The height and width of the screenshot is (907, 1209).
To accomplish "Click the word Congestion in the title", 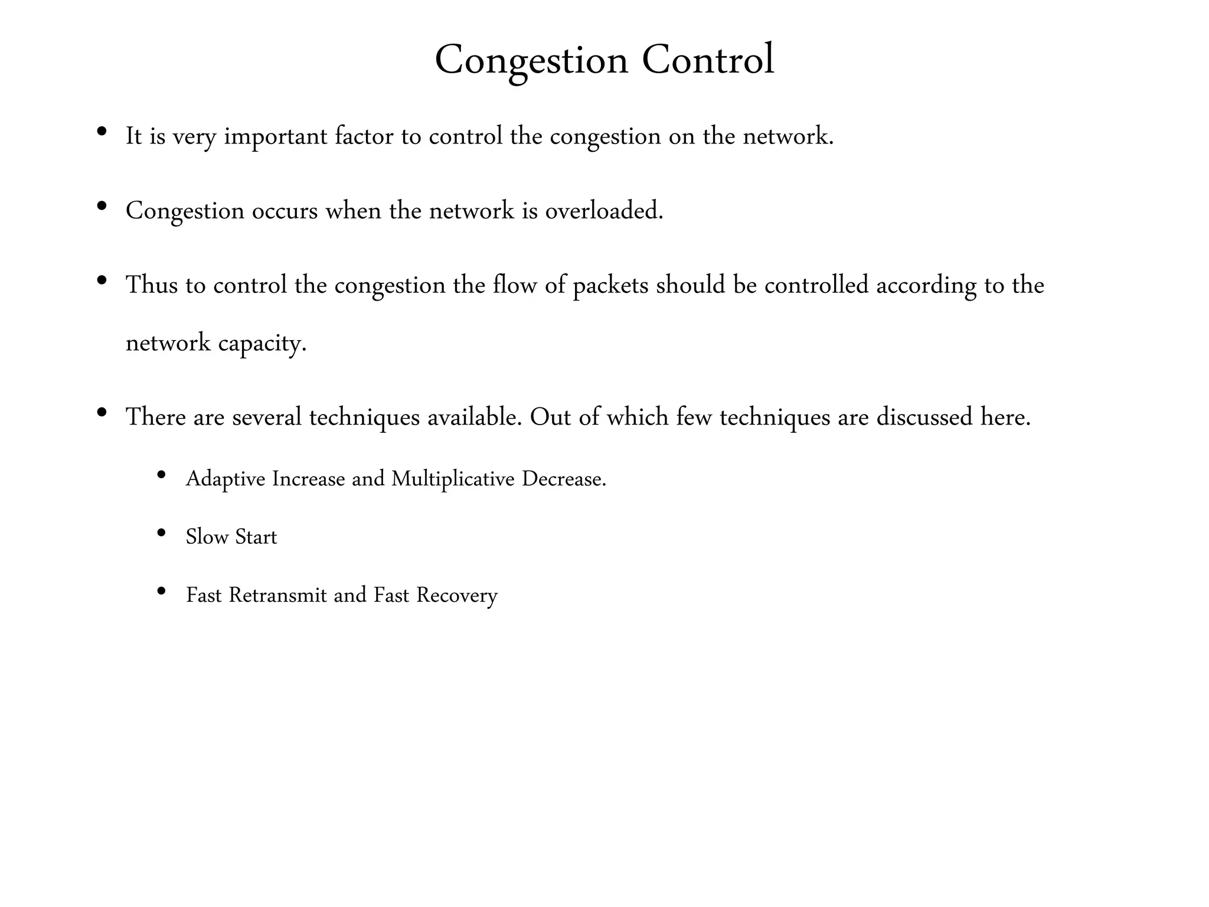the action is point(531,60).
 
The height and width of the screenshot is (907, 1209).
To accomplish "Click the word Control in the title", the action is point(708,60).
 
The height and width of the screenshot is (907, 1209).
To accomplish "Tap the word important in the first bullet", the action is point(275,136).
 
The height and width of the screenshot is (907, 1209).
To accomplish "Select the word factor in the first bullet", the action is point(364,136).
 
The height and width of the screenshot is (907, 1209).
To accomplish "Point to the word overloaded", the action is point(604,211).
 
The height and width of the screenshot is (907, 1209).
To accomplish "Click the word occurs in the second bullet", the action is point(285,211).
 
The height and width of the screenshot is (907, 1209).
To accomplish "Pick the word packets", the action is point(610,286).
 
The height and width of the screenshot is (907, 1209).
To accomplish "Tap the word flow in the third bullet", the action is point(514,285).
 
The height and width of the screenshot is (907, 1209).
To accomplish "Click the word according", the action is point(926,286).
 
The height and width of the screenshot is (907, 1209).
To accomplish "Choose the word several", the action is point(267,417).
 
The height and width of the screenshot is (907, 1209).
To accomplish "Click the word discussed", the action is point(924,417).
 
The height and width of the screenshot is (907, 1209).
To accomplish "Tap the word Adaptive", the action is point(226,479).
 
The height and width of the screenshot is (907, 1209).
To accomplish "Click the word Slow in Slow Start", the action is point(207,537).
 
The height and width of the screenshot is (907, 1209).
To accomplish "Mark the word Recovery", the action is point(457,595).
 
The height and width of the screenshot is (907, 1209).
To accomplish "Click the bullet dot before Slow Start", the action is point(161,533).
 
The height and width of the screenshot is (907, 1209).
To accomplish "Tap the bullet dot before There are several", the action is point(102,412).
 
